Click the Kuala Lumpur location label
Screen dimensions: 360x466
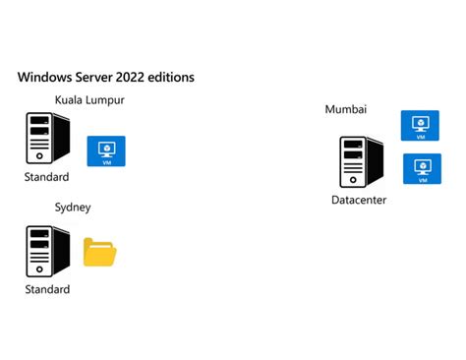[89, 100]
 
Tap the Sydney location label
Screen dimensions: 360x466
[73, 208]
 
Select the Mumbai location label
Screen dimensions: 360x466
[345, 109]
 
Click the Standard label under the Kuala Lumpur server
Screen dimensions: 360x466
[47, 177]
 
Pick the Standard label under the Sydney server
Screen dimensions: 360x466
[47, 289]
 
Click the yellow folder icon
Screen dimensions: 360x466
[99, 253]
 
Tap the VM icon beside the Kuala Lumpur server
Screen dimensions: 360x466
[106, 150]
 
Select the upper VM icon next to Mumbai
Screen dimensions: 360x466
[421, 125]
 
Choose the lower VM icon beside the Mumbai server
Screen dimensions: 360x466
[422, 168]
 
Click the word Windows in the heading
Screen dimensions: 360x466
[46, 76]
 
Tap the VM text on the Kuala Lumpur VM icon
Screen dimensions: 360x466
[106, 161]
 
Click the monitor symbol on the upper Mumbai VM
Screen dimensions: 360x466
[421, 122]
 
